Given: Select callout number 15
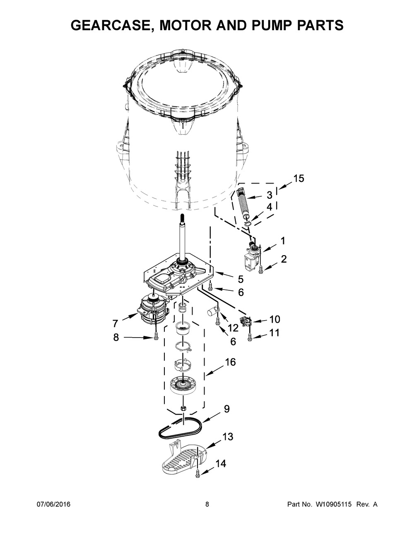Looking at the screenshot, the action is tap(298, 178).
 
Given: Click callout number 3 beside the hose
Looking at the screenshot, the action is tap(270, 195).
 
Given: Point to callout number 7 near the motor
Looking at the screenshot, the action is tap(115, 323).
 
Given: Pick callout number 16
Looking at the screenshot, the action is tap(231, 362).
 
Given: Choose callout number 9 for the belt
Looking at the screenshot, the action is tap(227, 409).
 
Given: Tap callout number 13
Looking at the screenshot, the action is tap(228, 437).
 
